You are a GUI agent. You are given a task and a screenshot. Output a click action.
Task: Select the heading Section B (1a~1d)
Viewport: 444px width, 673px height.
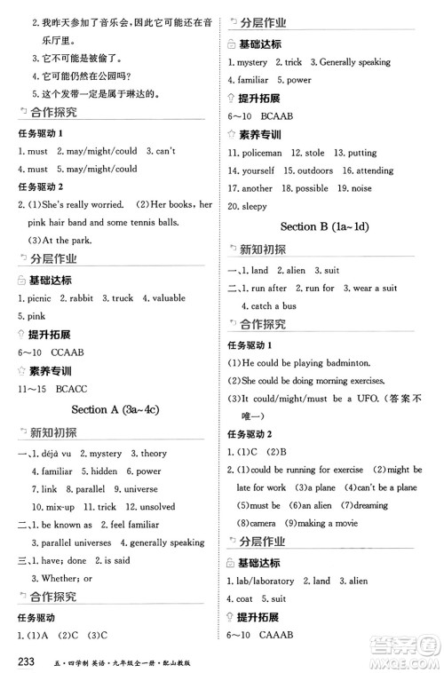(324, 226)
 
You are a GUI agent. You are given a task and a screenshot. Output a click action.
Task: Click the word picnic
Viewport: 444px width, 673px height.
(39, 299)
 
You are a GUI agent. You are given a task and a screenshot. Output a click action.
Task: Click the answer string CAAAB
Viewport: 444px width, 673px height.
(273, 634)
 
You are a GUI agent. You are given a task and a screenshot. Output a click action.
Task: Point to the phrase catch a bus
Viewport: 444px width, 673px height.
(276, 305)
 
